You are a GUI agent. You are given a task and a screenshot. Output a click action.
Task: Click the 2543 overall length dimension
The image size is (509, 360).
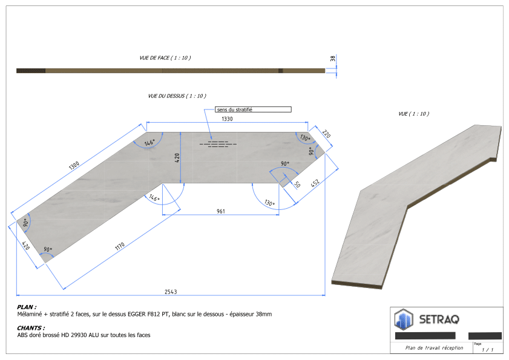click(x=171, y=292)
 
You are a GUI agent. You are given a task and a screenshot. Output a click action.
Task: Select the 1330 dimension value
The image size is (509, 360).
click(x=227, y=119)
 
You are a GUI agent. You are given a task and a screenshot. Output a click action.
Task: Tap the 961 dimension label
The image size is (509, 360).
click(x=221, y=211)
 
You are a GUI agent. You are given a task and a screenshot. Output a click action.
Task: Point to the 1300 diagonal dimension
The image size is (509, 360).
click(x=74, y=165)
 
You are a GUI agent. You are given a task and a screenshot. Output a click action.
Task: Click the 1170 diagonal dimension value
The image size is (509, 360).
click(x=120, y=247)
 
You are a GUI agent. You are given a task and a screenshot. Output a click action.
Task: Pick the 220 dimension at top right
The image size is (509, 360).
click(x=326, y=134)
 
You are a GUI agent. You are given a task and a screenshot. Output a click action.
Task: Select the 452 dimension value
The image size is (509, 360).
click(x=315, y=183)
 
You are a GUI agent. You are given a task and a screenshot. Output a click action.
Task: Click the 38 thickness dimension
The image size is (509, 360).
click(x=332, y=59)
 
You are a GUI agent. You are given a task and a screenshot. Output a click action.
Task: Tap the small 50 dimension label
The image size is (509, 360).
click(x=297, y=185)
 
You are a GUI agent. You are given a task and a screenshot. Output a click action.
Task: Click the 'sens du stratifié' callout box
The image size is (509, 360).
click(x=253, y=110)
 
